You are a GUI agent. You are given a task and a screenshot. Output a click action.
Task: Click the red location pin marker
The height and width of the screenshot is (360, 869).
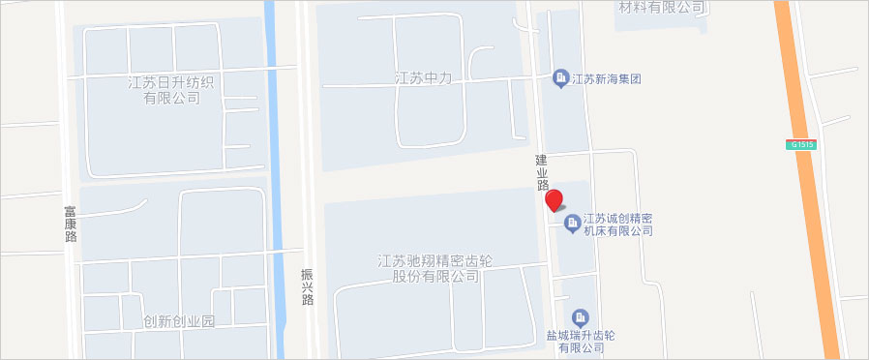554,200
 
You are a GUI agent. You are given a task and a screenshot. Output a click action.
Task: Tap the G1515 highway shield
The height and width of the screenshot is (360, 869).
802,144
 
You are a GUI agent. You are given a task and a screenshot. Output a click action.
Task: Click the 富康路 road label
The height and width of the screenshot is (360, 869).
71,222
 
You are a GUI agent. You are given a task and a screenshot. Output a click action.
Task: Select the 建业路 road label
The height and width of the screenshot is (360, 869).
542,170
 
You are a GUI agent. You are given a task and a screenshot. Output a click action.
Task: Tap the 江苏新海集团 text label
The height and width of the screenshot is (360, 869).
607,78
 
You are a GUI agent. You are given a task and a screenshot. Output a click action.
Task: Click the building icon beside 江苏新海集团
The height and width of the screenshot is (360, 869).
559,77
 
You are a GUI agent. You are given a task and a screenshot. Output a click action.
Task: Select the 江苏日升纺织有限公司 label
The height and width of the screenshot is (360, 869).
171,90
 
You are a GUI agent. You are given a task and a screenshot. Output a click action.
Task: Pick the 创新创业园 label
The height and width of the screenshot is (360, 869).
178,321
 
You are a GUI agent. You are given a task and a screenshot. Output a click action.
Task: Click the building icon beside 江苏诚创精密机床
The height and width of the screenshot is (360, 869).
572,225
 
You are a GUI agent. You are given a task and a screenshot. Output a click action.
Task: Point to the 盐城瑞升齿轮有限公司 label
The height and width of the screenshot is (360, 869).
581,342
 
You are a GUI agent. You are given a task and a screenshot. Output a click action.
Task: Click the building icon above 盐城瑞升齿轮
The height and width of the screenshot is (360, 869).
581,317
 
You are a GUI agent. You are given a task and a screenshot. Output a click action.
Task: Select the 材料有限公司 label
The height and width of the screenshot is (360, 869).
661,8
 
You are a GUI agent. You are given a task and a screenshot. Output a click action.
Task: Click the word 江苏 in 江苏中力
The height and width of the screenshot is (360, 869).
409,78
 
